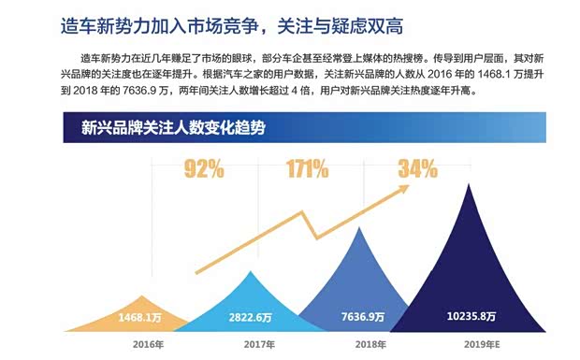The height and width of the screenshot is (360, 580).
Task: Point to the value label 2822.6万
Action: (x=250, y=318)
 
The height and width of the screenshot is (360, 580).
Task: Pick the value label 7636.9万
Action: (x=361, y=318)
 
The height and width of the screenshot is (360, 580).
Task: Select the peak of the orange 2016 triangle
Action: (x=143, y=293)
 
